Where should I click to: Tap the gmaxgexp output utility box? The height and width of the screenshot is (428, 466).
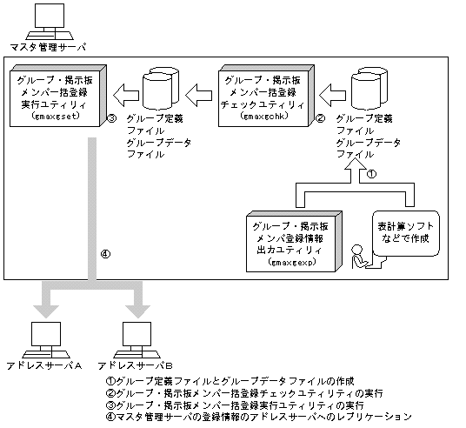tap(293, 235)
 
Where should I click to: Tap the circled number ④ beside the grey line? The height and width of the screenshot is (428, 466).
tap(105, 255)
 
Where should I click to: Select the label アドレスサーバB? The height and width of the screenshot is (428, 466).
tap(138, 366)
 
